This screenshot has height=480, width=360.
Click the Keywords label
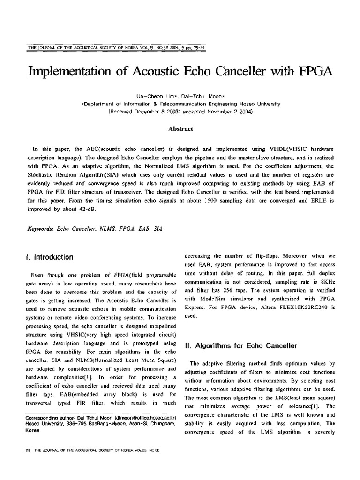click(41, 230)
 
